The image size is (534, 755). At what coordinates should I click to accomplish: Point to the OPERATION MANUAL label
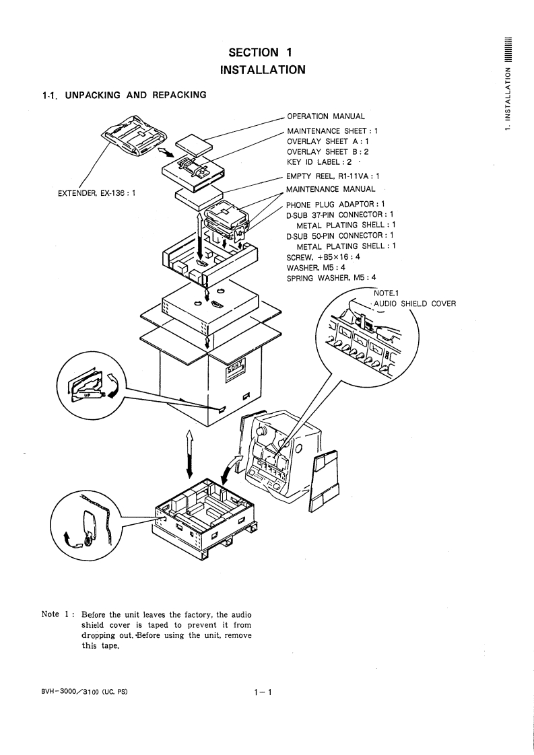coord(326,116)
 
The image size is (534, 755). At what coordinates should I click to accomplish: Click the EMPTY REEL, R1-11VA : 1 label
coord(335,176)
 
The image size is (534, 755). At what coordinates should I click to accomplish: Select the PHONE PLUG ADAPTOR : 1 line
coord(335,204)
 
